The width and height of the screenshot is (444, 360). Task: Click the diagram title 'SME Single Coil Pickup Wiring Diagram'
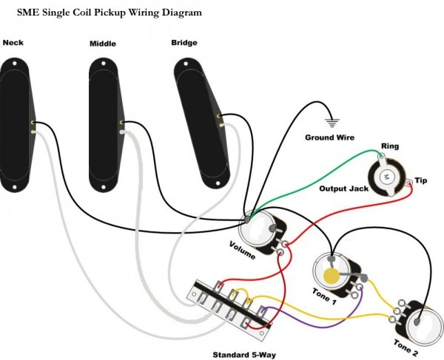110,13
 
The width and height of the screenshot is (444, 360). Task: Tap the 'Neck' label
13,43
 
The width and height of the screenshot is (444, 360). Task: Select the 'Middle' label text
103,44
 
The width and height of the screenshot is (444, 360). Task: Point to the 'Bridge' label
184,43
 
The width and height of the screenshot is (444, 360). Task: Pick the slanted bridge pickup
201,118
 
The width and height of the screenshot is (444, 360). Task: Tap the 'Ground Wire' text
329,137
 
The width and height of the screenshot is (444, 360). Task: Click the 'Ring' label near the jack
389,146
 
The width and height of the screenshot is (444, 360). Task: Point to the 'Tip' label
421,180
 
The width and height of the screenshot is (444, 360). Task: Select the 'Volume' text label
242,250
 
